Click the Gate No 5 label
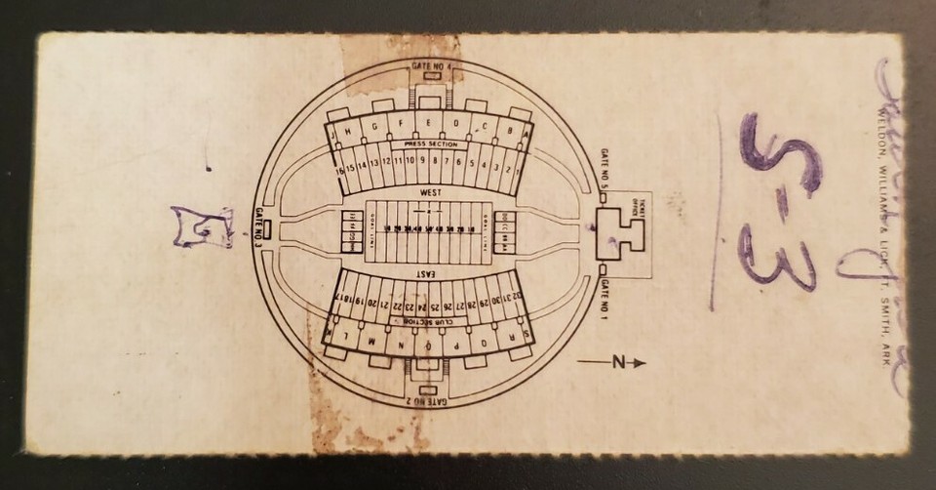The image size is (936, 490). point(604,169)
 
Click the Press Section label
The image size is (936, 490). point(430,143)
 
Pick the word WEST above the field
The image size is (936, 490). point(429,192)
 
